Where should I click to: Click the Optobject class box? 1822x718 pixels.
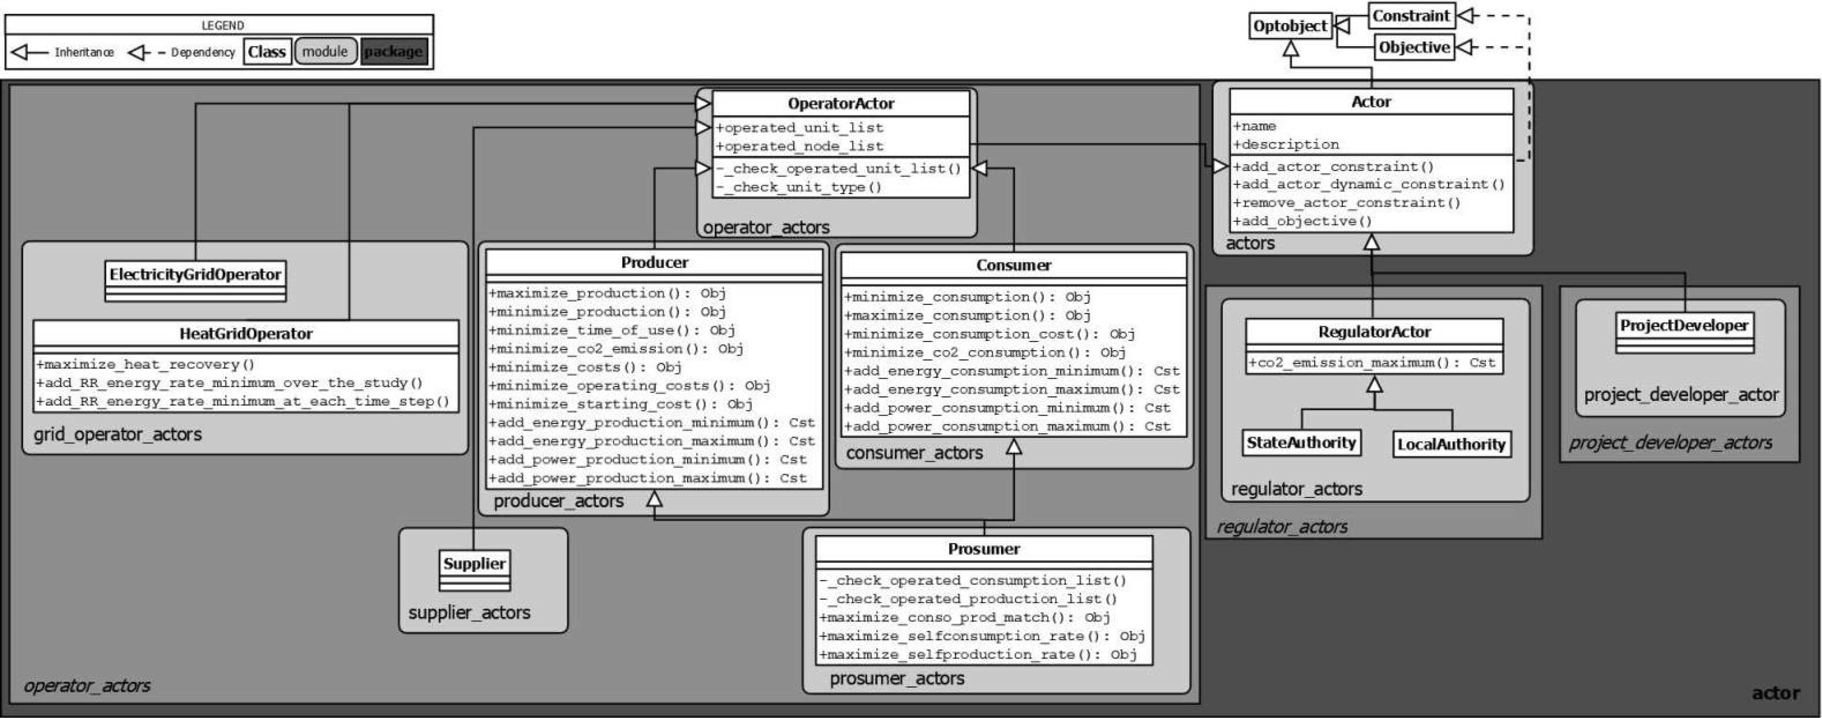(x=1290, y=26)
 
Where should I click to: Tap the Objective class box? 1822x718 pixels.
(x=1414, y=47)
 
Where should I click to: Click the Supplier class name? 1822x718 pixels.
(x=474, y=564)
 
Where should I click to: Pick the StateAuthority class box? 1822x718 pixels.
(x=1301, y=443)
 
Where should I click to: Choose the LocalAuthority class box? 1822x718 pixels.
(x=1451, y=444)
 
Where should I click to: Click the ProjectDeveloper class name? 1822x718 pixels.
(x=1684, y=325)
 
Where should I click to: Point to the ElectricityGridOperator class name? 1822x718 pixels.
(x=195, y=274)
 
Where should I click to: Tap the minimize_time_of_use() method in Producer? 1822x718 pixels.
(x=612, y=330)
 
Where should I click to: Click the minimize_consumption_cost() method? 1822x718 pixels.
(x=989, y=334)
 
